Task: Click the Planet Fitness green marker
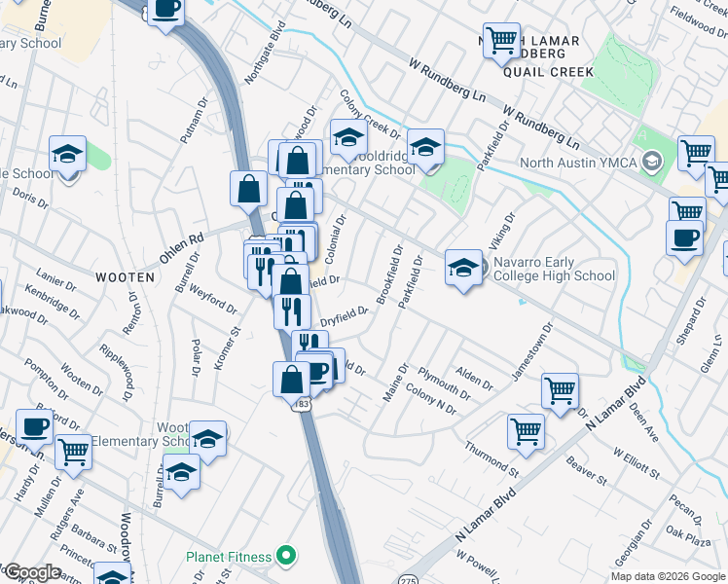[x=286, y=558]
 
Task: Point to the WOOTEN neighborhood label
[x=125, y=277]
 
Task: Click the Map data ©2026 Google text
[x=669, y=576]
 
